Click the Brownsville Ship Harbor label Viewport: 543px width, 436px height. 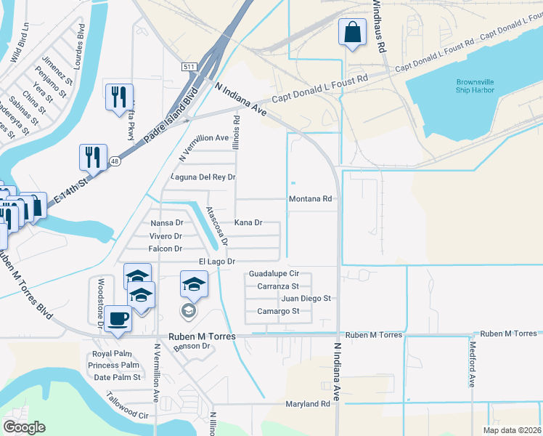click(x=475, y=85)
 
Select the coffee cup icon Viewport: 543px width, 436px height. click(x=118, y=318)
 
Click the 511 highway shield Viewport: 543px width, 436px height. click(x=189, y=67)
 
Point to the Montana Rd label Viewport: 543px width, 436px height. click(x=310, y=198)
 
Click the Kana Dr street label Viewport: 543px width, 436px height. click(x=248, y=222)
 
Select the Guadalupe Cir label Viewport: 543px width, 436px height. click(x=274, y=274)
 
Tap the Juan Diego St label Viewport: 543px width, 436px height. click(x=306, y=298)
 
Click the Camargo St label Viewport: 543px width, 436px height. click(x=279, y=311)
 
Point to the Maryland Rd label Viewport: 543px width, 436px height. click(x=308, y=404)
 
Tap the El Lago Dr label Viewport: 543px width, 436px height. click(x=217, y=261)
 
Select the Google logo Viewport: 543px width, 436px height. click(x=25, y=427)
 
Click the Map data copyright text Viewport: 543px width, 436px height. click(x=513, y=430)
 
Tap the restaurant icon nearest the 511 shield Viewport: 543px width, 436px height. click(x=118, y=97)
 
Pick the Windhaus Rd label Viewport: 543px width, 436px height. click(x=377, y=25)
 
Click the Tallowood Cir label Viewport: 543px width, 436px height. click(x=127, y=407)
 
